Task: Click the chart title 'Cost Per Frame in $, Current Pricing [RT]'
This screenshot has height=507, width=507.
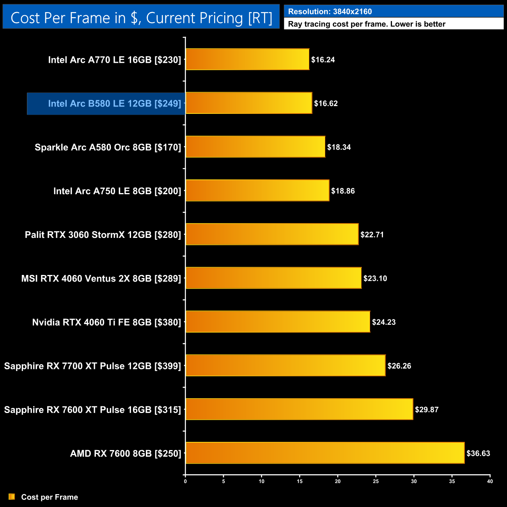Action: pyautogui.click(x=141, y=18)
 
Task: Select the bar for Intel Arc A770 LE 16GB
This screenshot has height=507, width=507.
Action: pyautogui.click(x=247, y=59)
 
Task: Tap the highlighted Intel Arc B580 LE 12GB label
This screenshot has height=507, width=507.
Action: pyautogui.click(x=114, y=103)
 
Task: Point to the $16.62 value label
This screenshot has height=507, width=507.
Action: pyautogui.click(x=326, y=103)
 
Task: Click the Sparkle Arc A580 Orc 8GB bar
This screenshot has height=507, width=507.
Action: pyautogui.click(x=255, y=147)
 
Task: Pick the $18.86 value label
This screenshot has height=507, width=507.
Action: pyautogui.click(x=343, y=191)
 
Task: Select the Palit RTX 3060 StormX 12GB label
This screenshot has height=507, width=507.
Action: pyautogui.click(x=103, y=235)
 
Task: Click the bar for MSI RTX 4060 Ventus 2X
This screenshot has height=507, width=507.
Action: pyautogui.click(x=273, y=278)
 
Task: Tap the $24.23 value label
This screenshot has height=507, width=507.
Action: pyautogui.click(x=384, y=322)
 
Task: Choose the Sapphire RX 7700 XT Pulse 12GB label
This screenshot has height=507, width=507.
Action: pyautogui.click(x=92, y=366)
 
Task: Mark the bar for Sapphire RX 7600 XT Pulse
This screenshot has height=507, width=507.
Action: pyautogui.click(x=299, y=409)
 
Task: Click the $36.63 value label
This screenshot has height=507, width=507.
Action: pyautogui.click(x=478, y=453)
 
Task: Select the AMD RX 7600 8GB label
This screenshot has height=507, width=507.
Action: pyautogui.click(x=126, y=454)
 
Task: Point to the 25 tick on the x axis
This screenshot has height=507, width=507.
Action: pyautogui.click(x=376, y=481)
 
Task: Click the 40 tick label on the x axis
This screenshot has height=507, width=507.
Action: pyautogui.click(x=490, y=481)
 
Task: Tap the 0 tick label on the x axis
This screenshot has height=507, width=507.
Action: pyautogui.click(x=185, y=481)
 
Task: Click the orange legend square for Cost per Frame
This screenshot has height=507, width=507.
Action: pyautogui.click(x=12, y=496)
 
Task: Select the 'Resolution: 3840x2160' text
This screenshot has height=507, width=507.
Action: pyautogui.click(x=330, y=12)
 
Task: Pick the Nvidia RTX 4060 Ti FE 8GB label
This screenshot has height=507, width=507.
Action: pyautogui.click(x=106, y=322)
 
